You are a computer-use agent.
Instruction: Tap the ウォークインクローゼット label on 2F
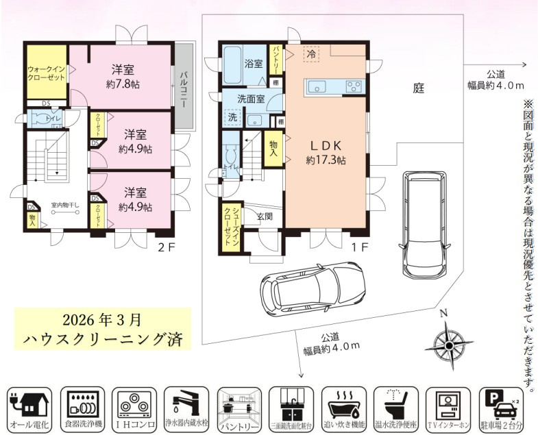47,73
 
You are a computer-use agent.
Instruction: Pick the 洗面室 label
251,99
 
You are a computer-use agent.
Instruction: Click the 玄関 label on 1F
265,216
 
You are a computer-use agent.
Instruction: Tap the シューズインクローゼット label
228,225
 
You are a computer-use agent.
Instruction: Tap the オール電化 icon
27,409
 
